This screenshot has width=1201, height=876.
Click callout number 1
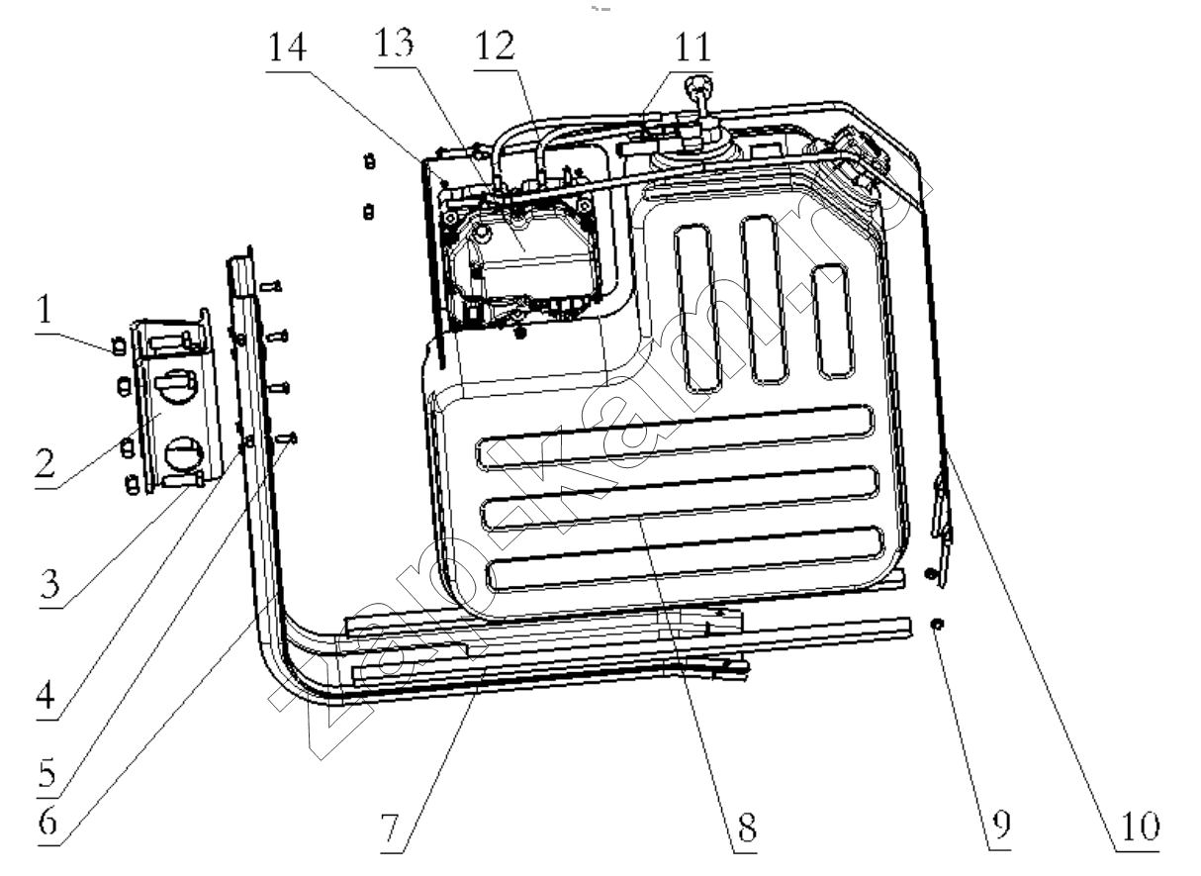pyautogui.click(x=46, y=309)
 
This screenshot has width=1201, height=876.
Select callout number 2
pyautogui.click(x=46, y=462)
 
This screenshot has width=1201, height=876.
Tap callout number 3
pyautogui.click(x=49, y=584)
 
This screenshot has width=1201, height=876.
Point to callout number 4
pyautogui.click(x=46, y=695)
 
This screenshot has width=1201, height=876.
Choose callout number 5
pyautogui.click(x=47, y=772)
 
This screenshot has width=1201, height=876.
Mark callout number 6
pyautogui.click(x=47, y=820)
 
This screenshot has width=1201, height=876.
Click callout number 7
pyautogui.click(x=390, y=828)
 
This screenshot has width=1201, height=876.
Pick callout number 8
pyautogui.click(x=747, y=827)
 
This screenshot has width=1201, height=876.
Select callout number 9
pyautogui.click(x=1001, y=825)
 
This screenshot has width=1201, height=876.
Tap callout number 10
pyautogui.click(x=1141, y=827)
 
